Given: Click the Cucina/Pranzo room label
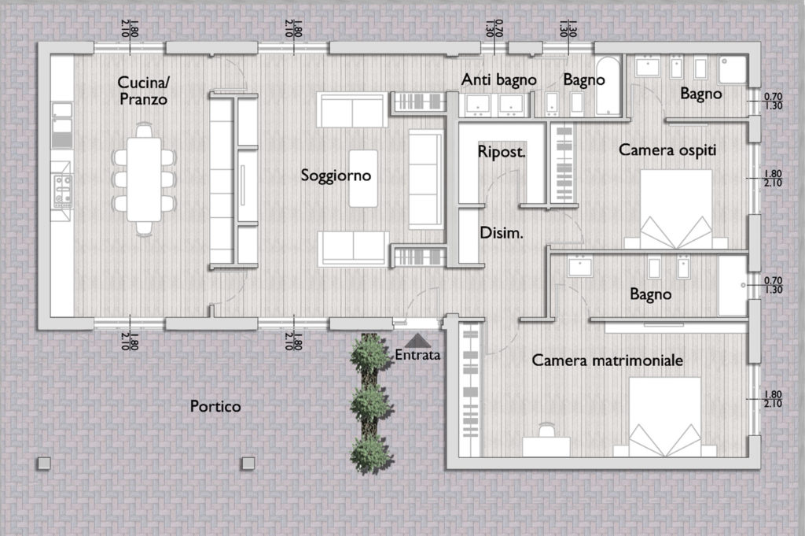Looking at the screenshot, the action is point(143,91).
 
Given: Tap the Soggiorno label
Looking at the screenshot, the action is point(336,176).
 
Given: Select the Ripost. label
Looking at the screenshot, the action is point(502,152).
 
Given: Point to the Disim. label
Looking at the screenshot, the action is point(501,233).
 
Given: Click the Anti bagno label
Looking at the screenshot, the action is point(498,79).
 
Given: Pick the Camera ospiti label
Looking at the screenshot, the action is point(667,150).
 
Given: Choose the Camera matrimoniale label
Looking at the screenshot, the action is point(608,360).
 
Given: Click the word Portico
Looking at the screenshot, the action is point(215,406).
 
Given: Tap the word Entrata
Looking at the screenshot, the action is point(417,355).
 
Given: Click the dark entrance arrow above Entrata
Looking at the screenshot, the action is point(418,340).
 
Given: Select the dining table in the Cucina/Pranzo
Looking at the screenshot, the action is point(145,179).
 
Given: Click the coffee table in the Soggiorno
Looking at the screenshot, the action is point(363,179).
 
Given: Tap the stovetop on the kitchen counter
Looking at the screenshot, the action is point(63,190).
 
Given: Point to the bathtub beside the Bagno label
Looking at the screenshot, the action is point(608,85).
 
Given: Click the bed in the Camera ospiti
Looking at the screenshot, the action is point(675,209).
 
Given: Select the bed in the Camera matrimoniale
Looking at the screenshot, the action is point(665,417).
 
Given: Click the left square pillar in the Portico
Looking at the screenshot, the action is point(44,463).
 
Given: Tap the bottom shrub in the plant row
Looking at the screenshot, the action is point(370,453).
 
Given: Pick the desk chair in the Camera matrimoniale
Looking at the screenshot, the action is point(546,430).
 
